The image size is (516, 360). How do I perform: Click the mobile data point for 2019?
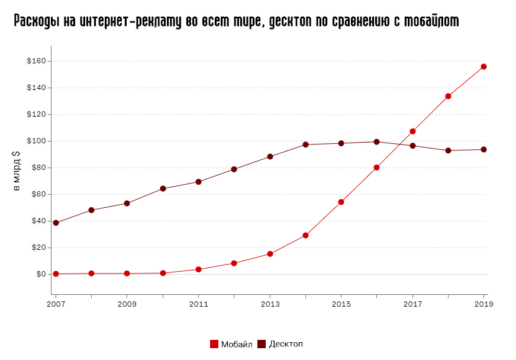(x=483, y=66)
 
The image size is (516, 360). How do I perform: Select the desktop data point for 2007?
(x=56, y=223)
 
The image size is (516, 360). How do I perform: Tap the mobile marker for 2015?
(x=341, y=202)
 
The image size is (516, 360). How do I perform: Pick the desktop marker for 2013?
(x=270, y=156)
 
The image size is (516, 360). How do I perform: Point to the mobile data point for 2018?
(x=448, y=96)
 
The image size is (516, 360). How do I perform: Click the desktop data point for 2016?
(x=376, y=142)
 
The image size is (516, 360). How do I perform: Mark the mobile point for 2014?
(x=305, y=235)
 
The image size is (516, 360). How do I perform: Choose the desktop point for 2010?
(x=163, y=188)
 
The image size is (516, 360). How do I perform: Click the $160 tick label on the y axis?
(x=36, y=61)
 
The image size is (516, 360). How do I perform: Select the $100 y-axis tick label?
(x=36, y=141)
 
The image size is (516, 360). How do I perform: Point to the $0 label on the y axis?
(x=40, y=274)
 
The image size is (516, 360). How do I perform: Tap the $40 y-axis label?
(x=38, y=221)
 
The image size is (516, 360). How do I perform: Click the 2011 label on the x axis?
(x=198, y=304)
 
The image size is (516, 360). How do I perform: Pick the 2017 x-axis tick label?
(x=412, y=304)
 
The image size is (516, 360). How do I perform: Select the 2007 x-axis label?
(x=56, y=304)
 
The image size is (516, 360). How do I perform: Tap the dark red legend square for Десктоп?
(x=262, y=344)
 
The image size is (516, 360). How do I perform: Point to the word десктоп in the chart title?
(x=292, y=21)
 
